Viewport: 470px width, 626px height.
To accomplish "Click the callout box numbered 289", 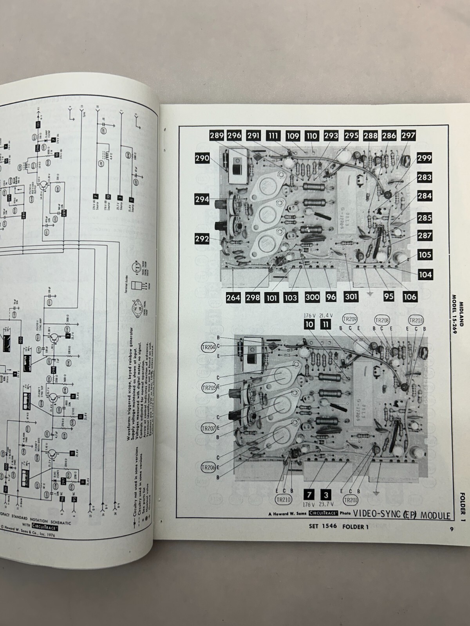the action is (x=216, y=136).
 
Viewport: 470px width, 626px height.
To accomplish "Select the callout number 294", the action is (x=202, y=199).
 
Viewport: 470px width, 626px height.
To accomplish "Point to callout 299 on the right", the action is (x=424, y=158).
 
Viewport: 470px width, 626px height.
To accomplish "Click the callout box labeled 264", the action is (x=233, y=297).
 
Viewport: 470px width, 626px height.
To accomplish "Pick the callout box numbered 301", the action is (x=351, y=296).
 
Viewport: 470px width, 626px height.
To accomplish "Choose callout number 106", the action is (x=410, y=296).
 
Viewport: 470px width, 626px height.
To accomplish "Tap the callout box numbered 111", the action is (x=273, y=136).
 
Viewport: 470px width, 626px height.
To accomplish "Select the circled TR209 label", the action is (x=350, y=318).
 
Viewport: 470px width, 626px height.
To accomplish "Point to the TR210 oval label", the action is (x=283, y=500).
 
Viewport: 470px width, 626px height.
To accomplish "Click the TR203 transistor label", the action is (x=415, y=320).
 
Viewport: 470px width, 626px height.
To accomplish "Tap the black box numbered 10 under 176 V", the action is (x=309, y=324).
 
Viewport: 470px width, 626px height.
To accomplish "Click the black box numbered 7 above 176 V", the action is (x=308, y=494).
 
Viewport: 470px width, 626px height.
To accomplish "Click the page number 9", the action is (x=451, y=530).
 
